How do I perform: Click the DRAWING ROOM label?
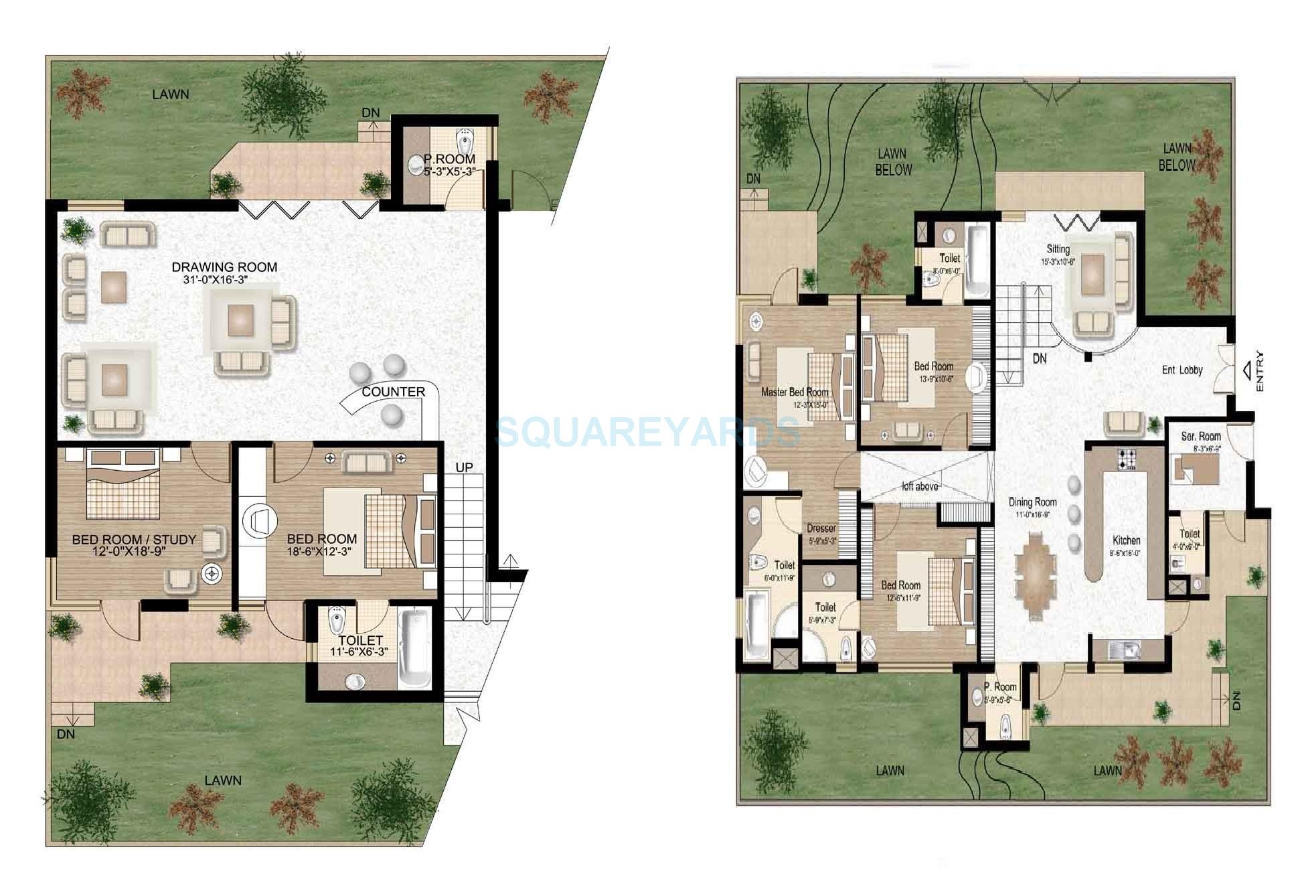pyautogui.click(x=224, y=267)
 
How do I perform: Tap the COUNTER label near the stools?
pyautogui.click(x=393, y=392)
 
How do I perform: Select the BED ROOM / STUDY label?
pyautogui.click(x=134, y=539)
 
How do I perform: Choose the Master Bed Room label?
pyautogui.click(x=795, y=392)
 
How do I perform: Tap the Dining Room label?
pyautogui.click(x=1032, y=502)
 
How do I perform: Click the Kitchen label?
pyautogui.click(x=1126, y=540)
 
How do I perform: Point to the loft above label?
pyautogui.click(x=919, y=486)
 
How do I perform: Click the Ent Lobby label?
pyautogui.click(x=1182, y=370)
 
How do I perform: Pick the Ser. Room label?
pyautogui.click(x=1201, y=436)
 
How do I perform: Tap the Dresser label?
pyautogui.click(x=821, y=528)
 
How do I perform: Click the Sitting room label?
pyautogui.click(x=1058, y=249)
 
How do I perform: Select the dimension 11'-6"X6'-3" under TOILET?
pyautogui.click(x=359, y=651)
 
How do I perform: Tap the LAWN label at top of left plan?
pyautogui.click(x=170, y=94)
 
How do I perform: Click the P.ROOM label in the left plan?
pyautogui.click(x=449, y=159)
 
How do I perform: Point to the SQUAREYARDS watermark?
pyautogui.click(x=647, y=431)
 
